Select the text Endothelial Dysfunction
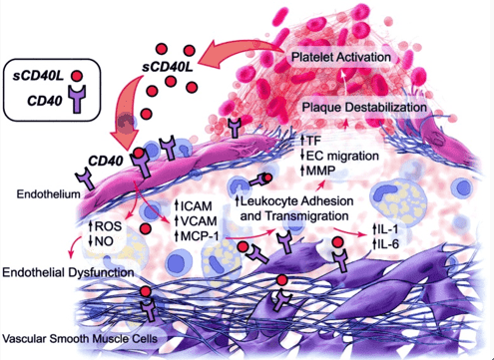pyautogui.click(x=69, y=271)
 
